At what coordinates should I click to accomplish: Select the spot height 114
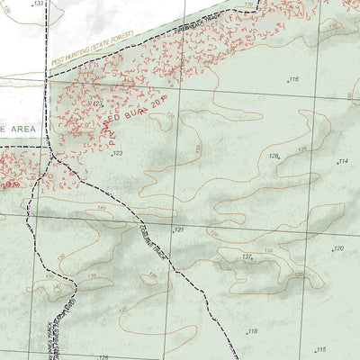click(x=342, y=161)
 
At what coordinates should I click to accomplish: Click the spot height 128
click(x=273, y=156)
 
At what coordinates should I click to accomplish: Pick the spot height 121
click(x=178, y=230)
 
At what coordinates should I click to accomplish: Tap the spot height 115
click(x=319, y=349)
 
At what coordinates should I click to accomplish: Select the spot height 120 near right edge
click(x=338, y=248)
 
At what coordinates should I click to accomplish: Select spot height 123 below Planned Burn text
click(x=117, y=154)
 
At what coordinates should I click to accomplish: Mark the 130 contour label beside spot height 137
click(x=267, y=251)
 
